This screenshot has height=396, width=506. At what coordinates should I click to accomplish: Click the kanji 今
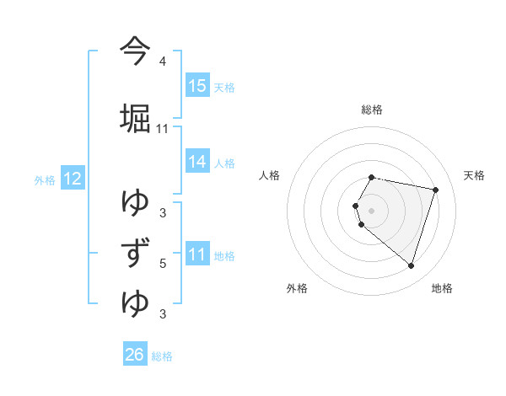pyautogui.click(x=135, y=52)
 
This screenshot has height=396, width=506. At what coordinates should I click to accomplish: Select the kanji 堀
pyautogui.click(x=135, y=117)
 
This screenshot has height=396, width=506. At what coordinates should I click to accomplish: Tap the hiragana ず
pyautogui.click(x=135, y=253)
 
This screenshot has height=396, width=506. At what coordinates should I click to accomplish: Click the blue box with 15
pyautogui.click(x=197, y=85)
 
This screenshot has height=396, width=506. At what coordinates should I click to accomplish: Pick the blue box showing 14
pyautogui.click(x=197, y=162)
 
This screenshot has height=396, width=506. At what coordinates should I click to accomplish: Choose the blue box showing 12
pyautogui.click(x=72, y=179)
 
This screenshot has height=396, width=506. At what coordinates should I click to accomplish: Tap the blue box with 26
pyautogui.click(x=135, y=355)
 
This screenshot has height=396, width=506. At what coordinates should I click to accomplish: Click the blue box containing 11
pyautogui.click(x=197, y=254)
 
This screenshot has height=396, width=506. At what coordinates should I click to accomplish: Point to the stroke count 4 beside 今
pyautogui.click(x=163, y=62)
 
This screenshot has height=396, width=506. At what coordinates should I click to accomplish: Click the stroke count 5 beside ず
pyautogui.click(x=163, y=264)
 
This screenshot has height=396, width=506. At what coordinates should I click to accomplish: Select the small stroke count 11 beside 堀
pyautogui.click(x=163, y=129)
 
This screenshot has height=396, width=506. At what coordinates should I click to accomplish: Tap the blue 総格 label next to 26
pyautogui.click(x=163, y=356)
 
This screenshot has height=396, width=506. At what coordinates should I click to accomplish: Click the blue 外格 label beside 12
pyautogui.click(x=45, y=179)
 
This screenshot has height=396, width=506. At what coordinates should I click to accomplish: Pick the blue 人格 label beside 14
pyautogui.click(x=225, y=163)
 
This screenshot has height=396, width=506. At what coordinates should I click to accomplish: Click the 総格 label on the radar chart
pyautogui.click(x=372, y=110)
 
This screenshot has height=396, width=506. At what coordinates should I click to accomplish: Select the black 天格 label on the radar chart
pyautogui.click(x=475, y=175)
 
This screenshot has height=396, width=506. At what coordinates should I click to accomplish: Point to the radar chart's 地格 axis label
pyautogui.click(x=442, y=288)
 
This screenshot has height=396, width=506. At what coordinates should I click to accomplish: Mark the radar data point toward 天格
pyautogui.click(x=435, y=190)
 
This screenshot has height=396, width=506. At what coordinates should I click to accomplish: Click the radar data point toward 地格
pyautogui.click(x=411, y=265)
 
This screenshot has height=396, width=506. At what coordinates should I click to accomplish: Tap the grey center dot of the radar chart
pyautogui.click(x=372, y=211)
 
